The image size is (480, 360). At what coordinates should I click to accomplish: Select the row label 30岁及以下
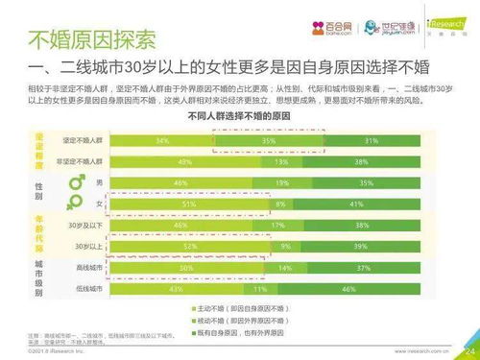96,226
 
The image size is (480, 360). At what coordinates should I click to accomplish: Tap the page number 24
468,350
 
